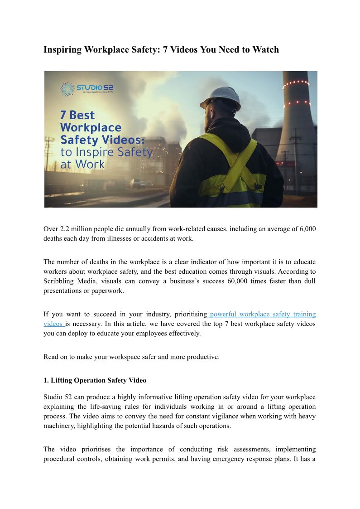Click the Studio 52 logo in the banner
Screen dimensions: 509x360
[x=88, y=88]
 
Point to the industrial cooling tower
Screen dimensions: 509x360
[x=297, y=131]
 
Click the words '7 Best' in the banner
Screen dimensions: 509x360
[x=77, y=115]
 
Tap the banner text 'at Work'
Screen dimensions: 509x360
[x=82, y=164]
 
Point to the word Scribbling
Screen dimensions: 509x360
[x=61, y=281]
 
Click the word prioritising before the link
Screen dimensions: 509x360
[x=188, y=314]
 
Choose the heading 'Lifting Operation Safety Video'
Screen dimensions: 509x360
[x=98, y=380]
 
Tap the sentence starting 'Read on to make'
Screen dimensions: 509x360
[x=131, y=357]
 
